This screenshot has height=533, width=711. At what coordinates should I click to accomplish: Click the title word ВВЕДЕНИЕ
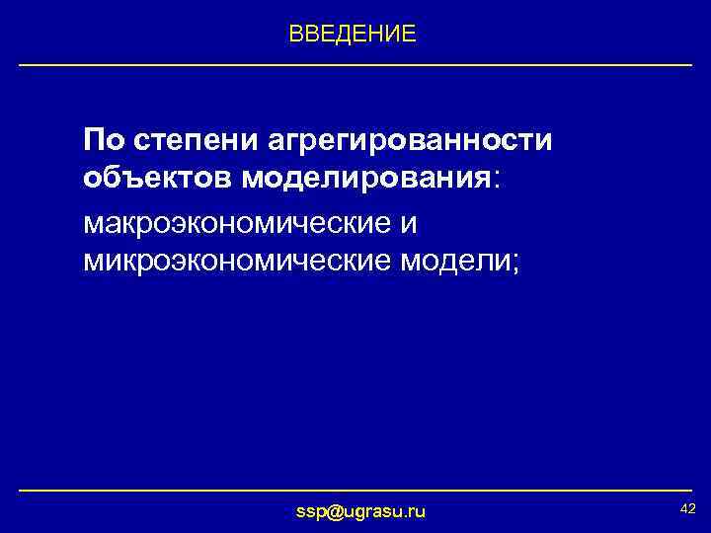353,35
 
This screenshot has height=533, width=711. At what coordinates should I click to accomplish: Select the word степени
196,140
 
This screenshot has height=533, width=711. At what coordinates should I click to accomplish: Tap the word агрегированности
410,140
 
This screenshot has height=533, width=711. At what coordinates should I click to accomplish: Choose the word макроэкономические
237,223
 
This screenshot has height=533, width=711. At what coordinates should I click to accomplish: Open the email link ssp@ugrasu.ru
361,510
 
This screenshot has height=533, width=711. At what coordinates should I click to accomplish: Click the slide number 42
688,507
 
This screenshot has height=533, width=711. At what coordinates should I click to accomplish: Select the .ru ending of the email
414,510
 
